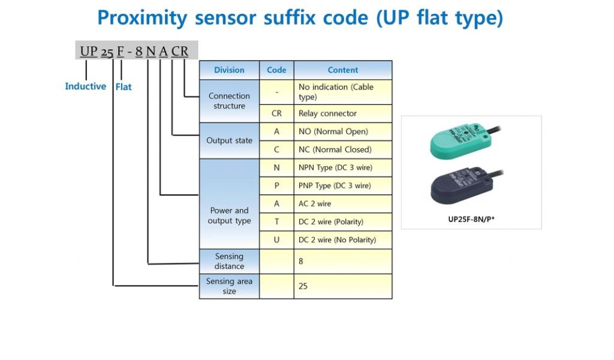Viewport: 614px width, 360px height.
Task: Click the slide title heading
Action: coord(300,18)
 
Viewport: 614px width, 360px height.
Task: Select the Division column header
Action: coord(229,70)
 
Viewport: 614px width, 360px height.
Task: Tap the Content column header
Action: coord(343,70)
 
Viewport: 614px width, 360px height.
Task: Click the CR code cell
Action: coord(276,113)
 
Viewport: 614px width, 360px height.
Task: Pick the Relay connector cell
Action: coord(343,113)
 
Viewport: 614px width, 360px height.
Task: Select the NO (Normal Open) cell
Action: coord(343,131)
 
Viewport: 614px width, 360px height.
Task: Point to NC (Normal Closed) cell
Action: coord(343,149)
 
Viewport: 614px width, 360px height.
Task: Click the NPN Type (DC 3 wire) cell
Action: coord(343,167)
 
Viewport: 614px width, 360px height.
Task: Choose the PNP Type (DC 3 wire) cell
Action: coord(343,185)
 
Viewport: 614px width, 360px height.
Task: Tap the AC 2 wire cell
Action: coord(343,203)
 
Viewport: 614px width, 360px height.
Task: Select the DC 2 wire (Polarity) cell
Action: coord(343,221)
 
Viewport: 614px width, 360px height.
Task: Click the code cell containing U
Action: coord(276,239)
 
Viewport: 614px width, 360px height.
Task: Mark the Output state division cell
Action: coord(229,140)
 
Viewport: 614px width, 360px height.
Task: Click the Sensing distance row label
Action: coord(229,262)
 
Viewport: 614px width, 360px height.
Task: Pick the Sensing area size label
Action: coord(229,286)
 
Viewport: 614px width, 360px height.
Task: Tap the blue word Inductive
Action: coord(85,86)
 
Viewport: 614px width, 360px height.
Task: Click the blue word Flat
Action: coord(124,87)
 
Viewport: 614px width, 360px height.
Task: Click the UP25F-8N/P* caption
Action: coord(471,219)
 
